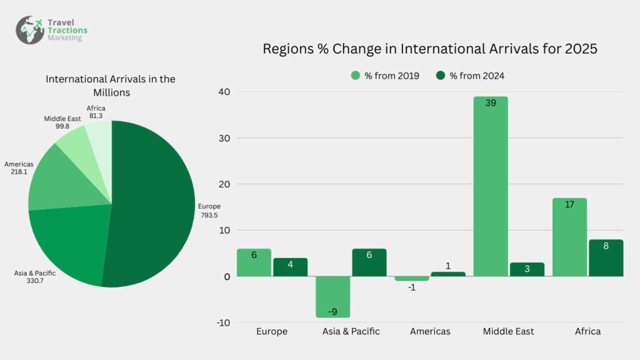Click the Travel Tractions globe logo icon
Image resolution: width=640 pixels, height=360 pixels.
click(30, 29)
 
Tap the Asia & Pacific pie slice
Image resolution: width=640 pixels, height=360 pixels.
click(69, 244)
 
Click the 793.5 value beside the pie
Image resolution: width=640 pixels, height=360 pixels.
click(209, 215)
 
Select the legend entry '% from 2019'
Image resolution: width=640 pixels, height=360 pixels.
click(385, 76)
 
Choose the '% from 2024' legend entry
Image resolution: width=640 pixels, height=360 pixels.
click(470, 76)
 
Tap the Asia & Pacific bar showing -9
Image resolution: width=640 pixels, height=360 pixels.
click(332, 297)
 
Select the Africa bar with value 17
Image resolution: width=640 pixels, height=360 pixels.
click(569, 237)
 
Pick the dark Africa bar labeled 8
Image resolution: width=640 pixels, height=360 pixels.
click(606, 257)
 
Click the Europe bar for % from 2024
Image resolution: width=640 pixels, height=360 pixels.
click(290, 267)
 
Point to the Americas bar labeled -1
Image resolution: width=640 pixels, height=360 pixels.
click(411, 279)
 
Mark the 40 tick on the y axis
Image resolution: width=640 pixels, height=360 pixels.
click(224, 92)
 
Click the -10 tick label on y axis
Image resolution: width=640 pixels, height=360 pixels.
click(223, 322)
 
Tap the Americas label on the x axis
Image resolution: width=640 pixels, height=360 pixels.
click(430, 331)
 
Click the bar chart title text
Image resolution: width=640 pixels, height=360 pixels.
click(430, 49)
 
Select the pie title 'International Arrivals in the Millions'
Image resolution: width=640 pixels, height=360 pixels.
click(111, 86)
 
